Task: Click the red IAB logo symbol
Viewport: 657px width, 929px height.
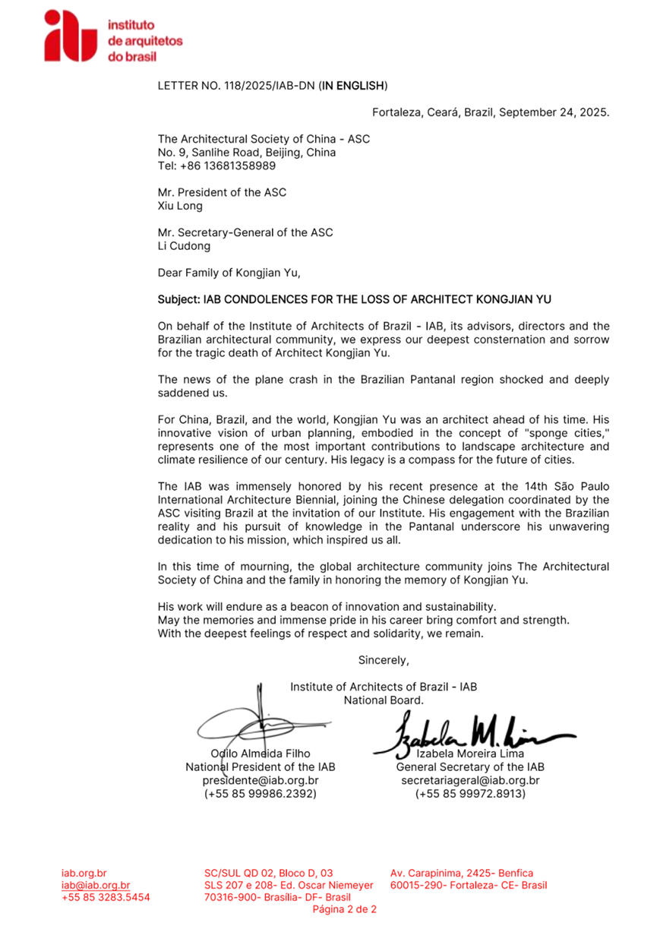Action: (70, 36)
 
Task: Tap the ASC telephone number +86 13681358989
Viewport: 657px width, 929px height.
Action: (218, 166)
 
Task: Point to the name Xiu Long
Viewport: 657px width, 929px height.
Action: (180, 206)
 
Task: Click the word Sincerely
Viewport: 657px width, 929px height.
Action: (384, 659)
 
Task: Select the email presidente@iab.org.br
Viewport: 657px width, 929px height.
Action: (260, 780)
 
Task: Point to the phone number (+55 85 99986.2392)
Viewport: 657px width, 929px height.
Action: (260, 794)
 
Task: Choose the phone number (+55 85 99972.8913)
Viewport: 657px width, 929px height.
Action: (470, 794)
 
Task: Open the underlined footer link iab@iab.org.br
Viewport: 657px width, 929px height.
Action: (96, 885)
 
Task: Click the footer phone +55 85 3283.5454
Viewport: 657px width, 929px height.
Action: (106, 897)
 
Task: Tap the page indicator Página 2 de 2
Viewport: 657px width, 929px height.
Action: (345, 909)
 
